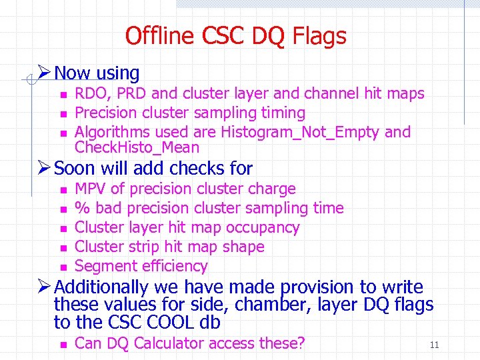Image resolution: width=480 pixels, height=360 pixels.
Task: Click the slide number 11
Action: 434,345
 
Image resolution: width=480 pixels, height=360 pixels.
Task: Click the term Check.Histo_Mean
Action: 137,147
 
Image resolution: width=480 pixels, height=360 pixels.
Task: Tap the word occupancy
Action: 261,227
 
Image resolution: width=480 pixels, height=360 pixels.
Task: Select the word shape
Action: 243,247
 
